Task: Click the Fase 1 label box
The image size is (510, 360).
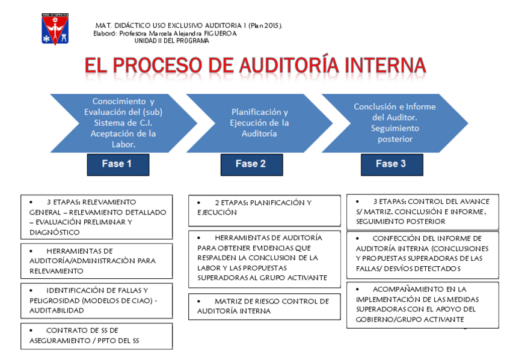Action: coord(117,164)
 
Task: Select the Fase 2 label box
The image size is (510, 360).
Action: coord(251,164)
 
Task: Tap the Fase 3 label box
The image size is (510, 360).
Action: coord(391,163)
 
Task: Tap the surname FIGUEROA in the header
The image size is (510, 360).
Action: coord(220,34)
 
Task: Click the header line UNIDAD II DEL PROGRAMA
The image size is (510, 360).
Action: coord(171,41)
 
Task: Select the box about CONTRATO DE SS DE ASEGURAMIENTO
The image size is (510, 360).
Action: coord(96,336)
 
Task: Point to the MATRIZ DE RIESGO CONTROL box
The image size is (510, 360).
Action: coord(265,306)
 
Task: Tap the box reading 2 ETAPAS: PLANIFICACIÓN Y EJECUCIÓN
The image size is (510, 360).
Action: coord(265,207)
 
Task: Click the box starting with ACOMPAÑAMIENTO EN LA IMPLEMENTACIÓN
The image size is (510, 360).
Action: coord(422,305)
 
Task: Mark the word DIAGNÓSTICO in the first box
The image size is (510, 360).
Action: coord(54,232)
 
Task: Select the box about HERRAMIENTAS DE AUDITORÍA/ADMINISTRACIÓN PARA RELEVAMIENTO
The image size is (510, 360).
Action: coord(96,261)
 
